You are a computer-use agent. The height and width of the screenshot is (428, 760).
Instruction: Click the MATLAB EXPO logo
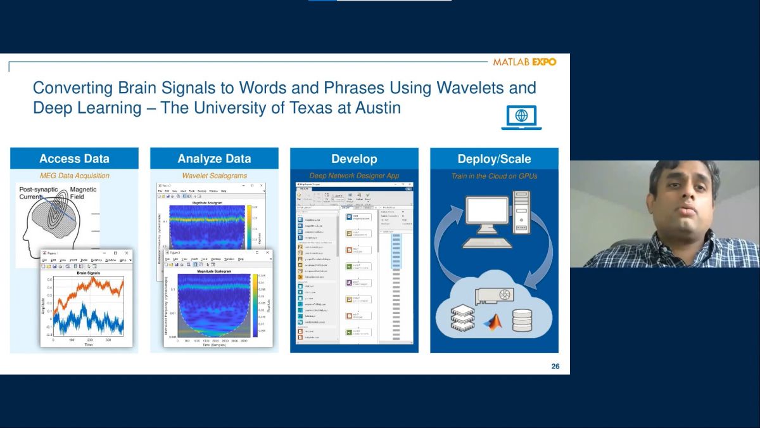[524, 62]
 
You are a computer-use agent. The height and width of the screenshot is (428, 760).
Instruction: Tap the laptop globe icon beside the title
[521, 117]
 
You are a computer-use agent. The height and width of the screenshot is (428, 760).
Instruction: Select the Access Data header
[74, 159]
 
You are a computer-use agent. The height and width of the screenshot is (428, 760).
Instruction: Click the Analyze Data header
[214, 159]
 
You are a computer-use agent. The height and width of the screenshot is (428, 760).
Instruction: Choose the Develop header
[354, 159]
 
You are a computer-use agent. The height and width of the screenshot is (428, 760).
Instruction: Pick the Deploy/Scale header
[494, 159]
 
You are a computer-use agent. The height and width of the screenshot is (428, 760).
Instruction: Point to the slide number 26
[555, 366]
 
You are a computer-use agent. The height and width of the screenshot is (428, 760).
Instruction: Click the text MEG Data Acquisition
[74, 176]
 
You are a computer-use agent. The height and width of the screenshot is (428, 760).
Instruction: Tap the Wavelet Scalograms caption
[214, 176]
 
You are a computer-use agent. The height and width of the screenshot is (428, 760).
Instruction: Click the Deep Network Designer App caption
[354, 176]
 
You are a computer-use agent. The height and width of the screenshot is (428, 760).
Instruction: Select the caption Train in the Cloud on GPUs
[494, 176]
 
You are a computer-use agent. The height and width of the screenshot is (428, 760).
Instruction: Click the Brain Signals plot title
[89, 273]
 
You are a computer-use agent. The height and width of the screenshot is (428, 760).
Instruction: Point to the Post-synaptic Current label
[38, 193]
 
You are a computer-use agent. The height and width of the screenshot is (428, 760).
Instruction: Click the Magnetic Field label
[84, 193]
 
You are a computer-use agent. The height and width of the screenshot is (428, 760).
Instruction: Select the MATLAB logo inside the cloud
[491, 321]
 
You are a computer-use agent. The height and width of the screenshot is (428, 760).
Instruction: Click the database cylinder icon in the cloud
[522, 320]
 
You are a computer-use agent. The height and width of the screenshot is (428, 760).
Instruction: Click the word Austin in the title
[377, 108]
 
